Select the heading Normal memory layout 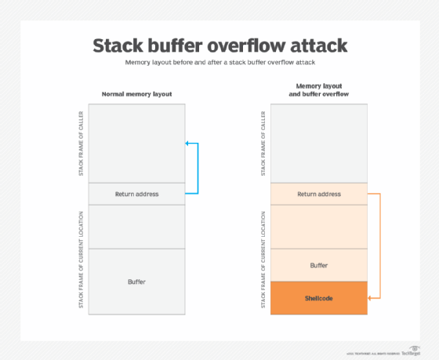[x=137, y=94]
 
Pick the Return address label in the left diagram [x=137, y=194]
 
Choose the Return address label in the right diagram [x=318, y=194]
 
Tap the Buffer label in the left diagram [x=137, y=281]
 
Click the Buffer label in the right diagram [x=318, y=265]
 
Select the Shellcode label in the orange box [x=318, y=299]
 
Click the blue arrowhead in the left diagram [x=187, y=144]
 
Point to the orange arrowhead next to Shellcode [x=370, y=299]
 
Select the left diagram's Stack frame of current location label [x=81, y=259]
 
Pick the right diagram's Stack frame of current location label [x=262, y=259]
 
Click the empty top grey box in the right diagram [x=318, y=143]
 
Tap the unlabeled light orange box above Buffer [x=318, y=226]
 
